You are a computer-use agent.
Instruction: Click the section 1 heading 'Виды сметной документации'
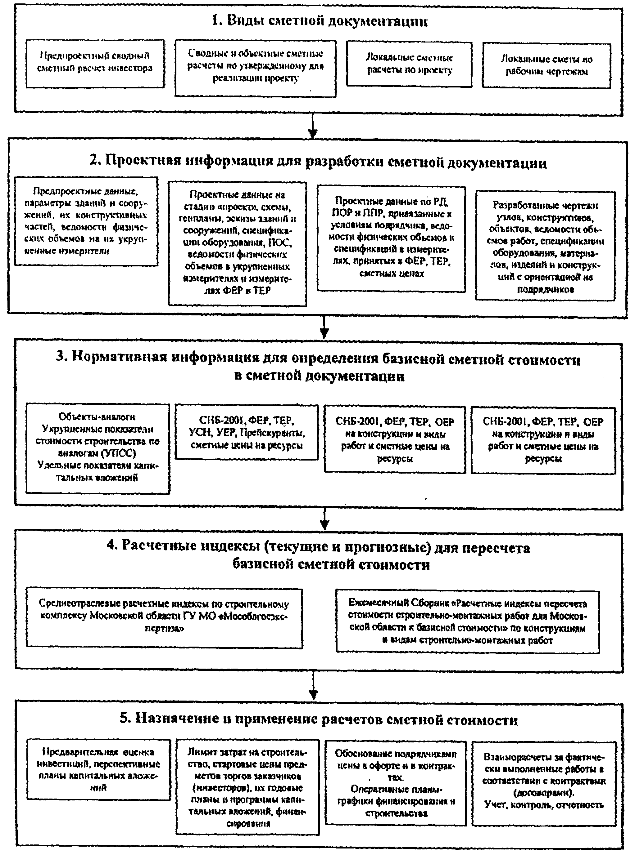320,20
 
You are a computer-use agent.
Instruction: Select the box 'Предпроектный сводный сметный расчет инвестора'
95,63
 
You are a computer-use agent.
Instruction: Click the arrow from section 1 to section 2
313,127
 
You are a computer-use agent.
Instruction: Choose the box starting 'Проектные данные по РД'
391,238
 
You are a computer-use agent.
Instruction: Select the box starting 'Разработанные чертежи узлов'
545,246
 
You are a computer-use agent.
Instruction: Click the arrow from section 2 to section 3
324,327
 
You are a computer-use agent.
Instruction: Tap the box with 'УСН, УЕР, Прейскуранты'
247,432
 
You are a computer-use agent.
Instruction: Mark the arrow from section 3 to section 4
325,519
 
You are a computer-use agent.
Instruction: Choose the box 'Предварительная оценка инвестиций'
98,769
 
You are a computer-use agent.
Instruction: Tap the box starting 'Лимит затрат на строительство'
247,787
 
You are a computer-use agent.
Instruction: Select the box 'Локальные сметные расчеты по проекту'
409,64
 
